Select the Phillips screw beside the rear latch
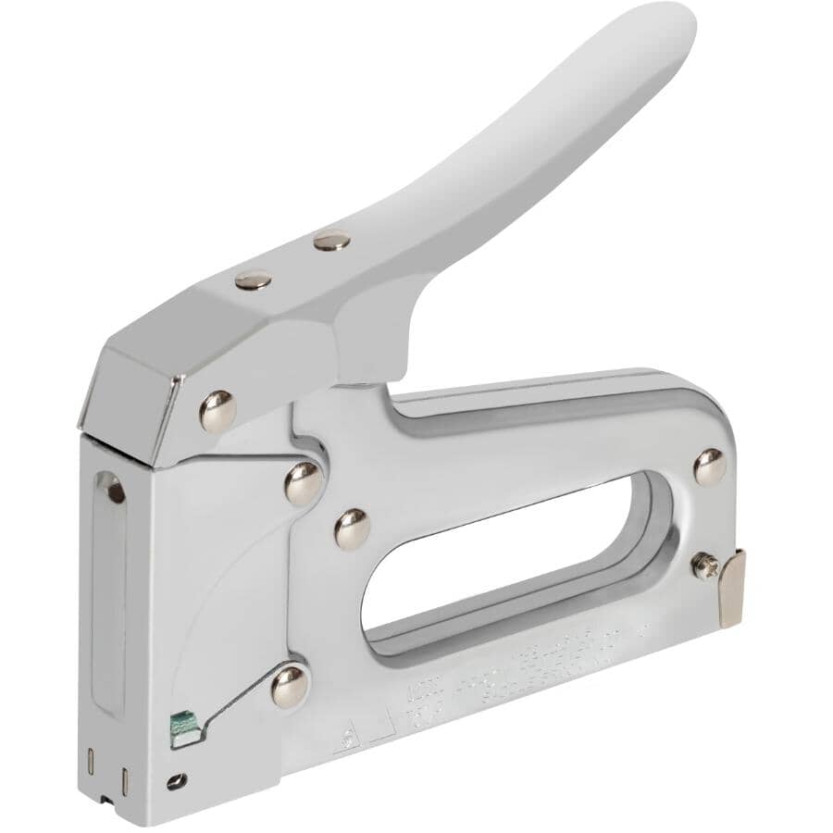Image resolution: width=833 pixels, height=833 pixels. click(706, 566)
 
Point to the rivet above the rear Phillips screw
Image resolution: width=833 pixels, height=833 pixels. click(710, 466)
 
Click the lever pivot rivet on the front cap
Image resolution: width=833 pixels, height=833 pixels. click(218, 410)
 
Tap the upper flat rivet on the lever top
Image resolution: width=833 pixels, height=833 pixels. click(332, 241)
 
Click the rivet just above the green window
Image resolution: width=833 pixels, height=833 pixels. click(290, 686)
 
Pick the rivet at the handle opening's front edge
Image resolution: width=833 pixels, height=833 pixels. click(352, 528)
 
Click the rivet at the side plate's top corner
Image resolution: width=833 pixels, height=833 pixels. click(304, 482)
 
